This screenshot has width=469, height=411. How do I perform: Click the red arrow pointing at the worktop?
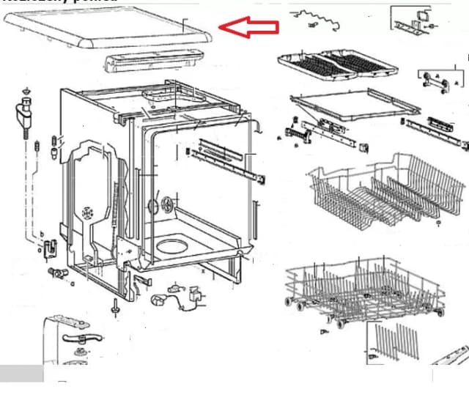(249, 27)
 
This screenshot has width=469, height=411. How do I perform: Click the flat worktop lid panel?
(110, 29)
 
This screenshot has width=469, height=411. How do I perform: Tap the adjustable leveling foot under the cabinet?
(115, 308)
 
